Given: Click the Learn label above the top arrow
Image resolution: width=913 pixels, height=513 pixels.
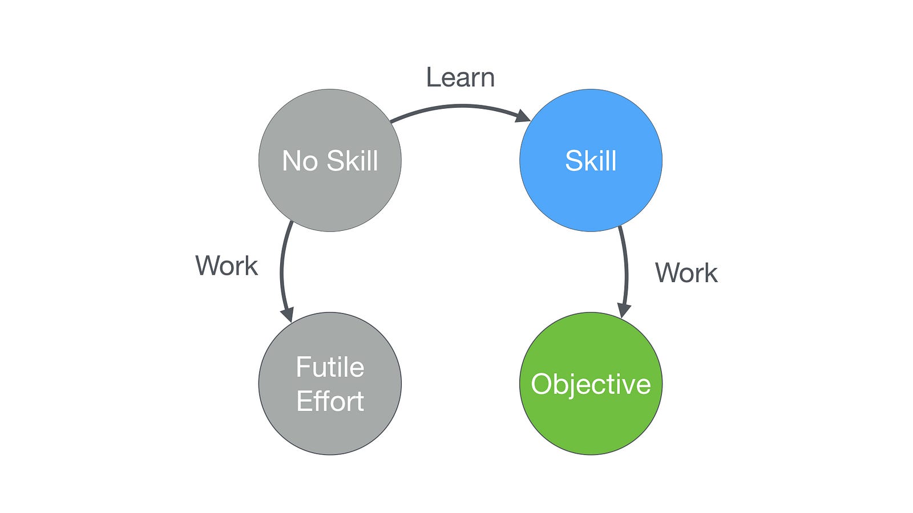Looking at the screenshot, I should [x=460, y=78].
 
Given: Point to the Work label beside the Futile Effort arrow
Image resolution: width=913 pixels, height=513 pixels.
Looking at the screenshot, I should [x=227, y=266].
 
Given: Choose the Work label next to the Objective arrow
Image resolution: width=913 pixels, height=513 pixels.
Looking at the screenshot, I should [x=686, y=273].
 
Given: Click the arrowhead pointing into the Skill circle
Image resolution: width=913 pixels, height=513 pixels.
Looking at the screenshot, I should [x=523, y=116].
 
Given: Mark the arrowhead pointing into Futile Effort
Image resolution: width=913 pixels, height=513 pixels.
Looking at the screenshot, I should [x=287, y=314].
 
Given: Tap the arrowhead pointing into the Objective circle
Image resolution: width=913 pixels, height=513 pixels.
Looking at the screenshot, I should [x=624, y=310].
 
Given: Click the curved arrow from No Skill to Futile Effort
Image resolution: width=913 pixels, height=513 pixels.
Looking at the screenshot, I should [x=281, y=268].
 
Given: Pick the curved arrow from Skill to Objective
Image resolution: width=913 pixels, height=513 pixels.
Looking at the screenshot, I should [x=626, y=268].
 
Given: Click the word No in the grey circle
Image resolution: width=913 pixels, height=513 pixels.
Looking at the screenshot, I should [x=300, y=161].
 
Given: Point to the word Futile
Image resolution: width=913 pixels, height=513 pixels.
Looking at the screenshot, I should [x=330, y=367].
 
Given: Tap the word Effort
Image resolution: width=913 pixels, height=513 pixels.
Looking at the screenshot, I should [x=330, y=401].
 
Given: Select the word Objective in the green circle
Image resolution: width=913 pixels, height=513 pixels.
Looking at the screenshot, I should [x=591, y=384].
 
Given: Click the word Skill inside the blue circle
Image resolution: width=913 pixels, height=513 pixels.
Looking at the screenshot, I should [x=591, y=161].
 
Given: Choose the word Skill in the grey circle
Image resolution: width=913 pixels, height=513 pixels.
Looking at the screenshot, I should [x=353, y=161].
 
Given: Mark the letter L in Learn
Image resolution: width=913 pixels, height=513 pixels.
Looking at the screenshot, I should [x=433, y=78].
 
